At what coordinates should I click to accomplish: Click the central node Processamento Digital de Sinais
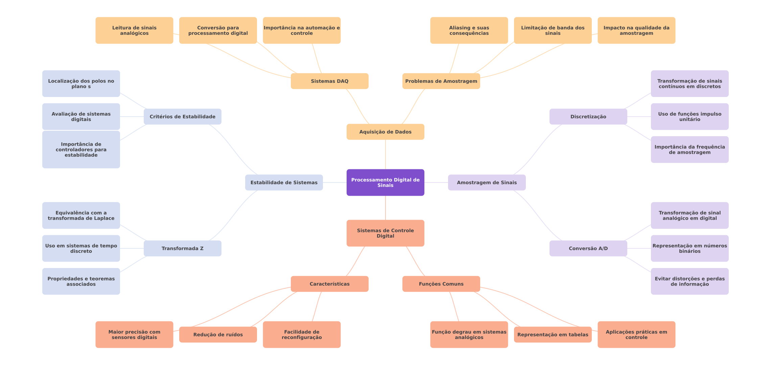point(385,182)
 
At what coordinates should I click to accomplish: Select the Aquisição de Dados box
point(385,132)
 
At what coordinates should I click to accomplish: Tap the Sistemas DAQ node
point(329,81)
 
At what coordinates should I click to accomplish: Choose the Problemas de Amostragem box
point(441,81)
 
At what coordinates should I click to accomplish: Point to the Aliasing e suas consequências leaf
point(469,30)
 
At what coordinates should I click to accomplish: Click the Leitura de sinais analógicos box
point(134,30)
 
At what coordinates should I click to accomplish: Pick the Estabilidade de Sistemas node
point(284,182)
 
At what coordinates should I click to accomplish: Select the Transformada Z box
point(182,248)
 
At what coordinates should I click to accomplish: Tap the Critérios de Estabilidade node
point(182,117)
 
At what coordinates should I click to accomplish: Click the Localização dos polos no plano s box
point(81,84)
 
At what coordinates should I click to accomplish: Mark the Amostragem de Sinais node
point(487,182)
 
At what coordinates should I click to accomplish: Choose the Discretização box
point(588,117)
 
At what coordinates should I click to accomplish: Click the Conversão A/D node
point(588,248)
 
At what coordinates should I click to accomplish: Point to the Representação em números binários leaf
point(690,248)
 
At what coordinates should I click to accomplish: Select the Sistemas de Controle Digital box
point(385,233)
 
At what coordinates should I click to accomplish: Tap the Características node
point(329,284)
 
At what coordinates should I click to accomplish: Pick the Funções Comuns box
point(441,284)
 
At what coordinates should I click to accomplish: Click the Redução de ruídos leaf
point(218,335)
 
